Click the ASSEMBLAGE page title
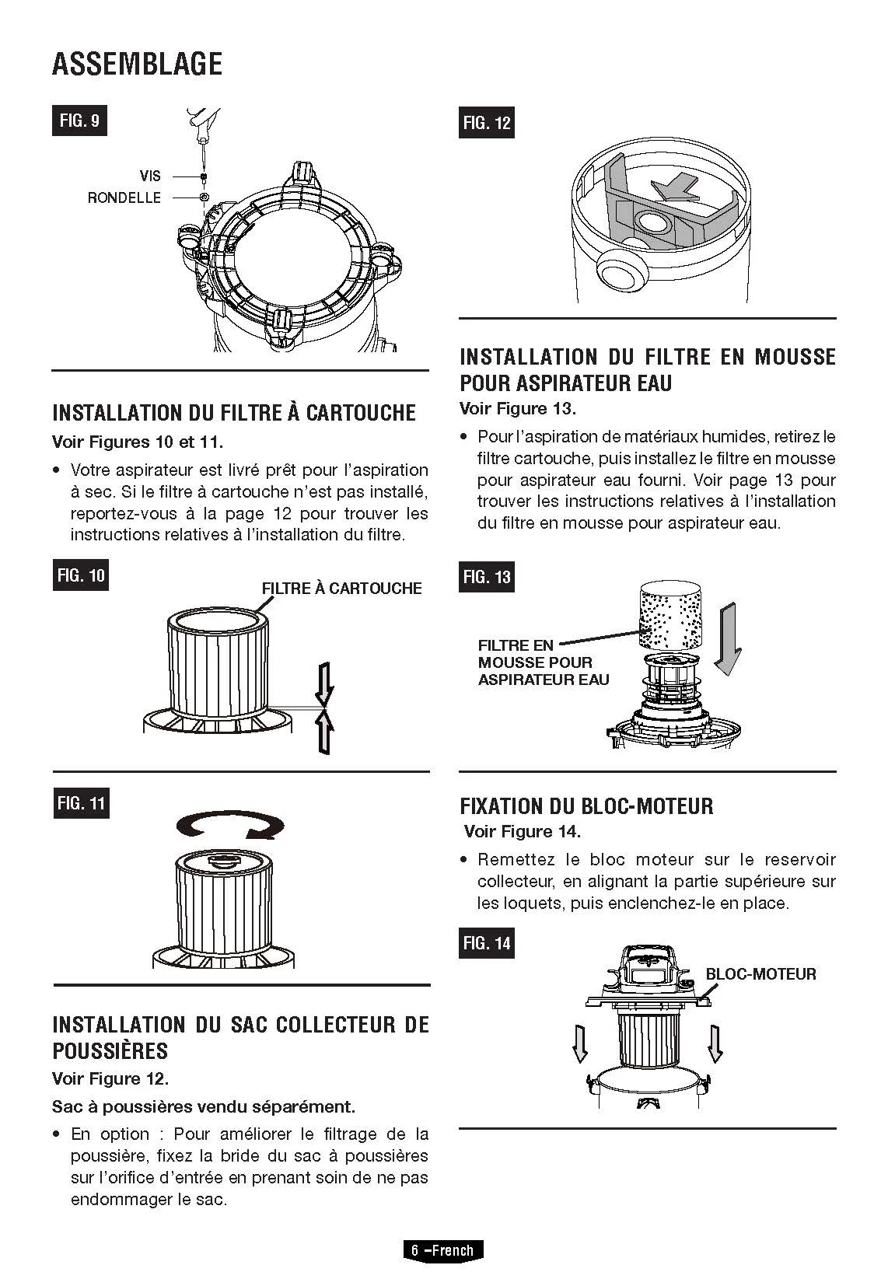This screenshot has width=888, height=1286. (x=137, y=64)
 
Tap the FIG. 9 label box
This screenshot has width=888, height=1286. (x=79, y=121)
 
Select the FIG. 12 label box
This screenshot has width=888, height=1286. (x=486, y=122)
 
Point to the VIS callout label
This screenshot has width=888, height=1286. (x=150, y=176)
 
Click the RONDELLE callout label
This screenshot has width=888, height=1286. (x=124, y=198)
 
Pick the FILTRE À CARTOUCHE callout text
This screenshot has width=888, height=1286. (x=341, y=589)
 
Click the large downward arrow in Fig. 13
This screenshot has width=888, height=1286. (x=728, y=639)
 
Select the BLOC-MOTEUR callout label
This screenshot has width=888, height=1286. (x=760, y=974)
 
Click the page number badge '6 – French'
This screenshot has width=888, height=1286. (x=442, y=1250)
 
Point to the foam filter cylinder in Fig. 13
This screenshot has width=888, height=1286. (x=669, y=616)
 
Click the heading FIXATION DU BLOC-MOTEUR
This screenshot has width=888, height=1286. (x=586, y=806)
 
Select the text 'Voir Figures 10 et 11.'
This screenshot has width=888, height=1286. (x=138, y=442)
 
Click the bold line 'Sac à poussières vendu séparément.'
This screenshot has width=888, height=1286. (x=204, y=1106)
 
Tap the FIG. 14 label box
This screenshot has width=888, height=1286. (x=486, y=942)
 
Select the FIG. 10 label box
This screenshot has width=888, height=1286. (x=80, y=575)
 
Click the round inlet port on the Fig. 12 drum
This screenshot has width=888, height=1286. (x=621, y=273)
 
